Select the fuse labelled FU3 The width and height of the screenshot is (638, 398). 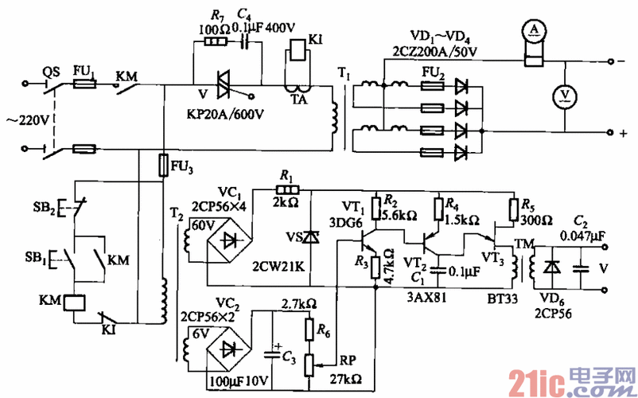point(163,166)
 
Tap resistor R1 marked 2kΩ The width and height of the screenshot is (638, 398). point(284,190)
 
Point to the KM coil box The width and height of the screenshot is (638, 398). point(74,302)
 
